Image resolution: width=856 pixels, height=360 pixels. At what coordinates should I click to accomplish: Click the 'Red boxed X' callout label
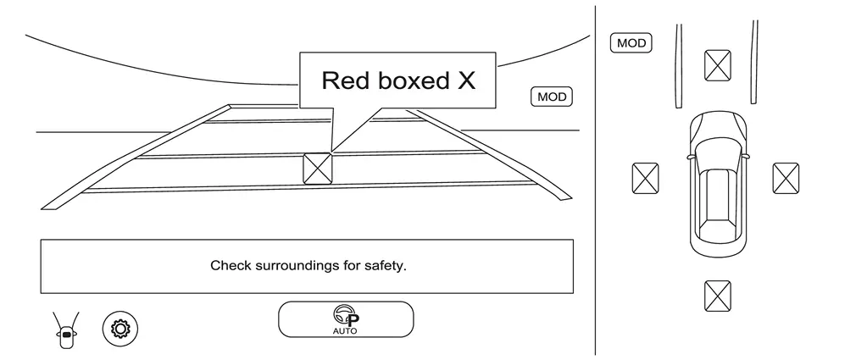click(x=397, y=80)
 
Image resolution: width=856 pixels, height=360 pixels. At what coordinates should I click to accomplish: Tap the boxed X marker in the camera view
click(x=318, y=168)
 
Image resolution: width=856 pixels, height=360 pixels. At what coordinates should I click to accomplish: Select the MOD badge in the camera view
click(x=551, y=97)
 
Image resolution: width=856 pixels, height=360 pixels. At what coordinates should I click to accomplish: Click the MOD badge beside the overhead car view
click(x=631, y=43)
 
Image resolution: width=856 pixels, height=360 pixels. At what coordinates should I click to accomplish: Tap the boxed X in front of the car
click(x=718, y=65)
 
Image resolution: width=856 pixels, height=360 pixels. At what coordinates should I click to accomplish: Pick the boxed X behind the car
click(x=718, y=296)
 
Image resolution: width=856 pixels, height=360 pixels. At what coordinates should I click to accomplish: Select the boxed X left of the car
click(x=645, y=179)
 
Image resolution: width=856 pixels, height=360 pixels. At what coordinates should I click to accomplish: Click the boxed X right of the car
click(x=786, y=179)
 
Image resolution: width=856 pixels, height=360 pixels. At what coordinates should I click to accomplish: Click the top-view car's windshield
click(x=718, y=150)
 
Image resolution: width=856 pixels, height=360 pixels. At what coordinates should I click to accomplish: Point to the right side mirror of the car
click(x=747, y=156)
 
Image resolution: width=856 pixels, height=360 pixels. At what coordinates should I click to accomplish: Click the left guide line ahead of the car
click(x=678, y=65)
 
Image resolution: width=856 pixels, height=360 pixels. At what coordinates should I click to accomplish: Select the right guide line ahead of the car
click(x=753, y=64)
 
